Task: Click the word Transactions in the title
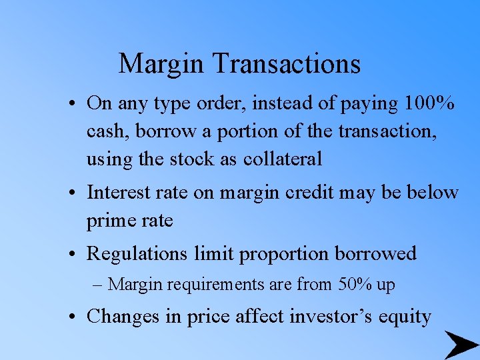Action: pos(287,64)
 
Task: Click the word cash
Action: pos(108,132)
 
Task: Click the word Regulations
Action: pos(141,254)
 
